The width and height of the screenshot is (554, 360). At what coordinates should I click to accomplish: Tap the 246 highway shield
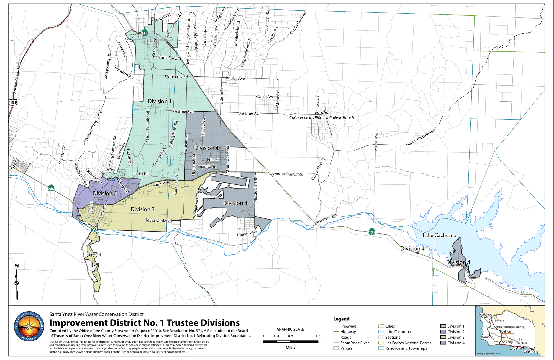(51, 188)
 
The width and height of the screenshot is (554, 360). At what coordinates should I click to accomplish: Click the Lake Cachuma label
(439, 235)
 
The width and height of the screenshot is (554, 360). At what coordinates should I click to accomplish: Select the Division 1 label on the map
(160, 101)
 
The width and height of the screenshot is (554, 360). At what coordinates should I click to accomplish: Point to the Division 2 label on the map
(104, 194)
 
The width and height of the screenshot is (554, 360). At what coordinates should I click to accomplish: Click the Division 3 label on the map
(142, 209)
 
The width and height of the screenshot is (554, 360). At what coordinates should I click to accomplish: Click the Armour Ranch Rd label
(287, 174)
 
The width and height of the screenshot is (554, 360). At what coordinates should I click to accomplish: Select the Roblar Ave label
(235, 78)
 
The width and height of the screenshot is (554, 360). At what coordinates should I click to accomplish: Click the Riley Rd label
(94, 254)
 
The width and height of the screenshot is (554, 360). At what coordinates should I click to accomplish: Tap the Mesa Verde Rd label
(159, 221)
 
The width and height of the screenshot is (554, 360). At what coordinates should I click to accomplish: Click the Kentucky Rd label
(326, 218)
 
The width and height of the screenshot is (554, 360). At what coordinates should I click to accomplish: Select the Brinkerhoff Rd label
(298, 23)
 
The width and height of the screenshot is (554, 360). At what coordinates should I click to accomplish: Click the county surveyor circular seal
(29, 326)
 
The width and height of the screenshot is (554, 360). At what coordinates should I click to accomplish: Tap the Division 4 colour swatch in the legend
(443, 343)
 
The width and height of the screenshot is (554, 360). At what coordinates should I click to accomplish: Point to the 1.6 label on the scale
(318, 336)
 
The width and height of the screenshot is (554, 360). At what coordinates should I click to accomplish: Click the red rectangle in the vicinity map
(507, 337)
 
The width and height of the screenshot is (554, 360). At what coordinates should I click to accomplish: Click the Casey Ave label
(265, 97)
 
